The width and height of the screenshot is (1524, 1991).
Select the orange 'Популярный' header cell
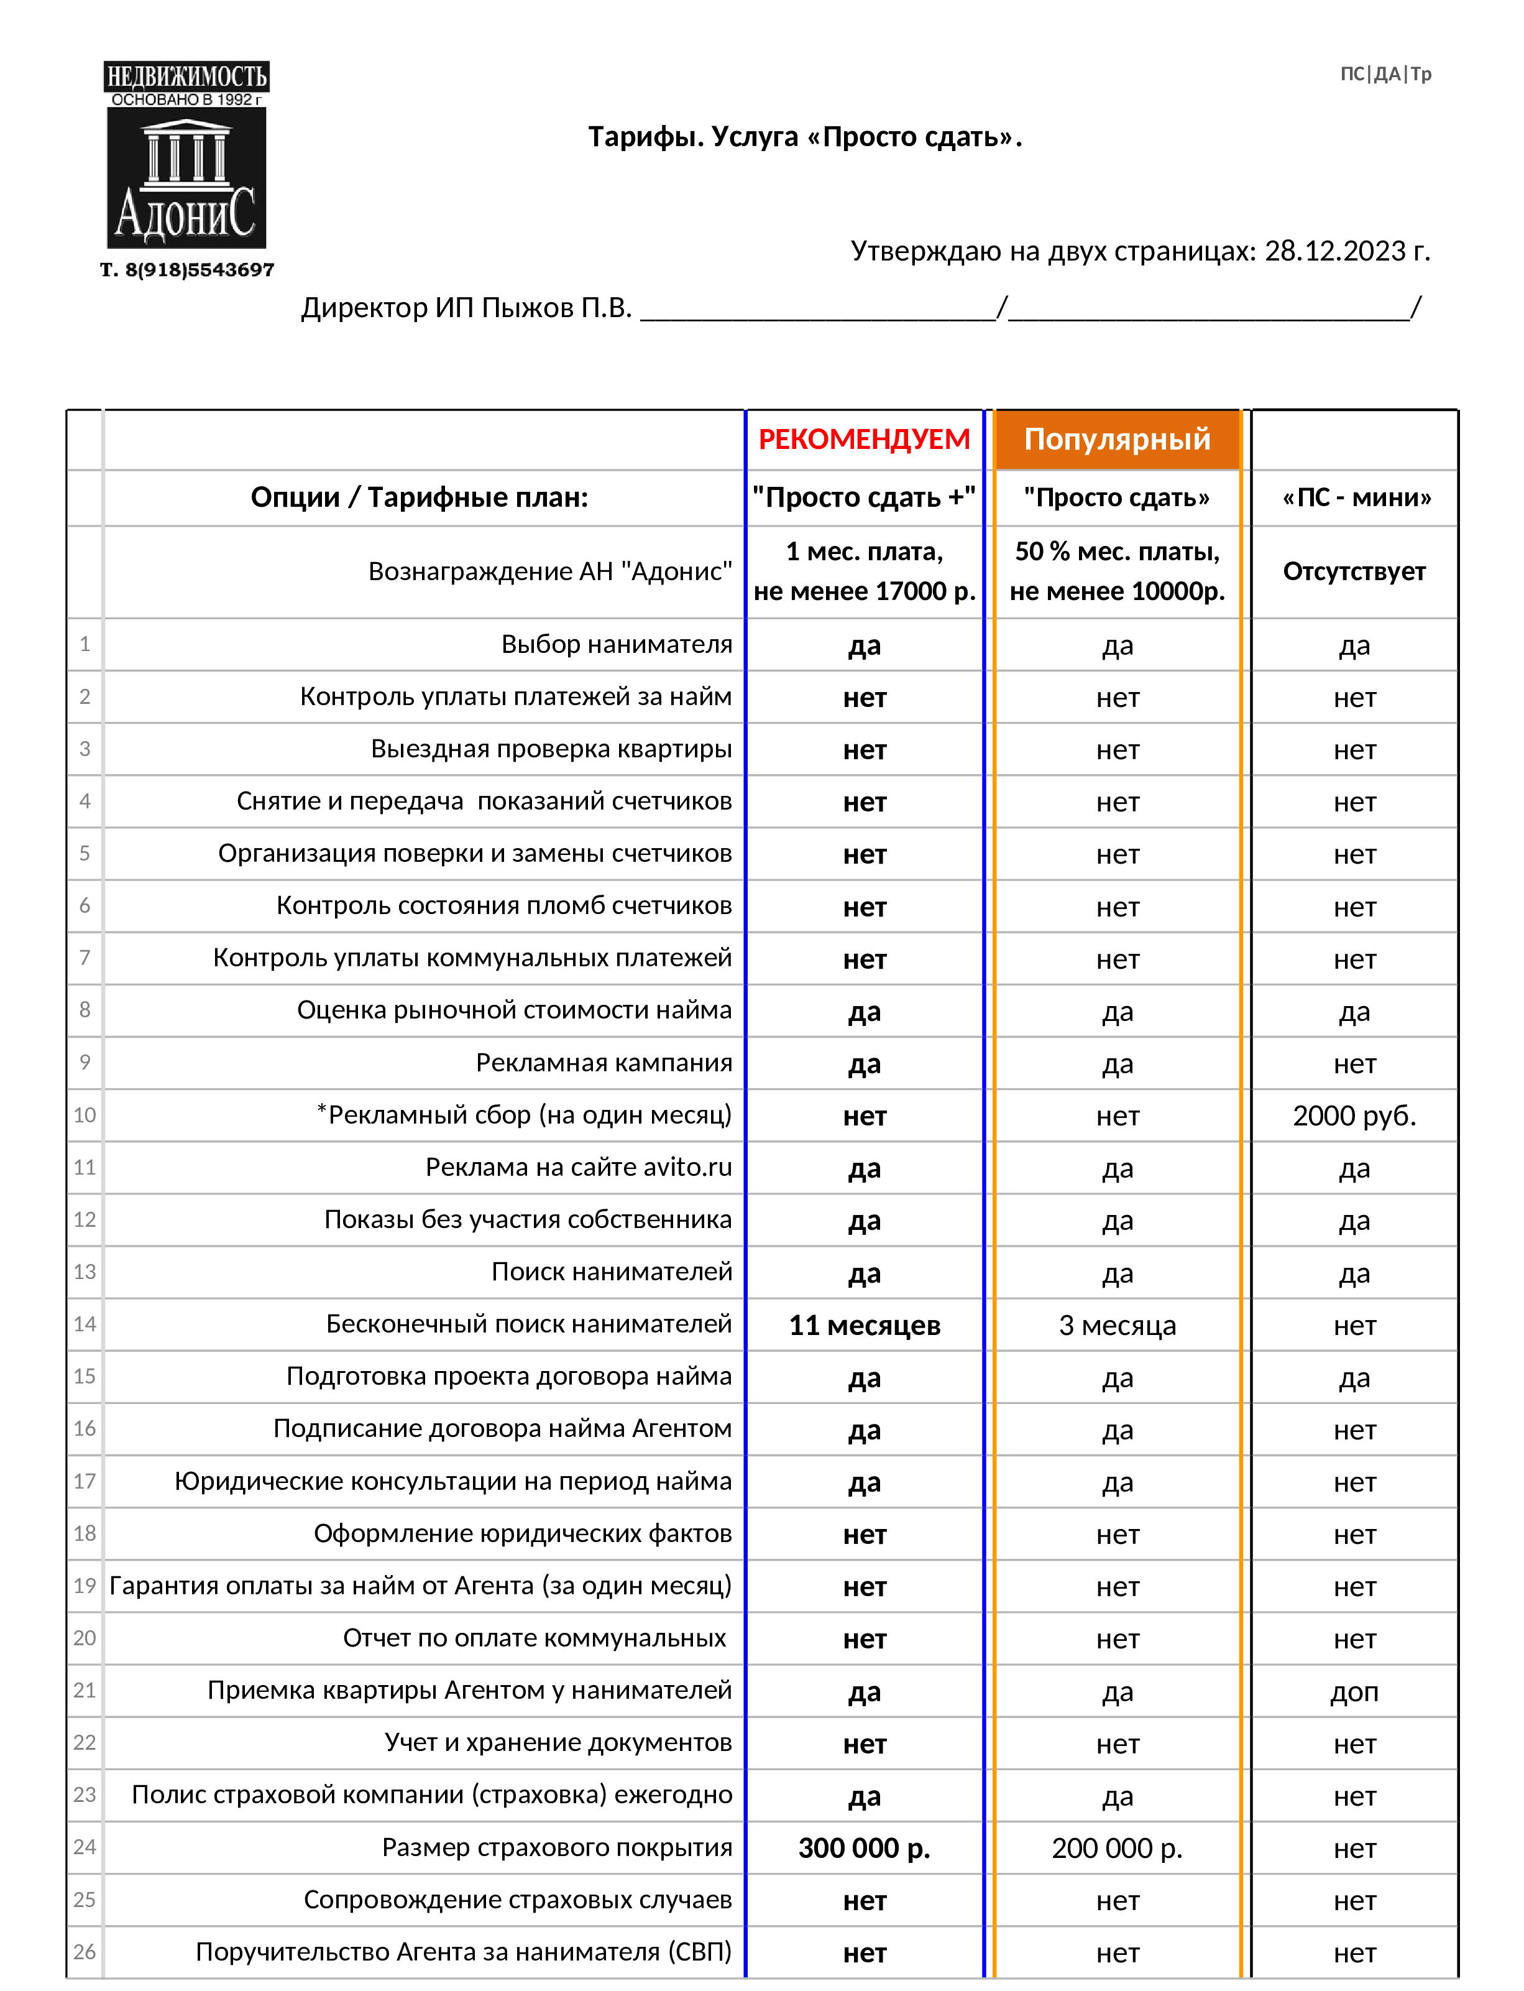click(x=1117, y=439)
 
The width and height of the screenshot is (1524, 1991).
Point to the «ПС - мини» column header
click(x=1356, y=497)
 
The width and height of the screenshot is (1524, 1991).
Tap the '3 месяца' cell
click(x=1117, y=1325)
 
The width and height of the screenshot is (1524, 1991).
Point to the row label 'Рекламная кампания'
click(x=604, y=1063)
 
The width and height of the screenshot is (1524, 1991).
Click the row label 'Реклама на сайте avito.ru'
click(x=578, y=1167)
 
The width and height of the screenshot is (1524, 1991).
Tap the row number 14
click(x=85, y=1324)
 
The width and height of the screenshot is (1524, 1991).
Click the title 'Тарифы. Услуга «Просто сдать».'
click(x=805, y=137)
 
